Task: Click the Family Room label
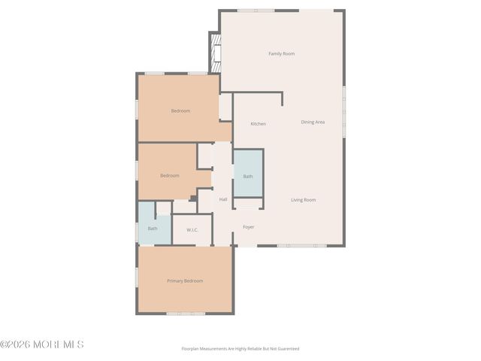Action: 282,53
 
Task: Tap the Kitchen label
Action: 258,124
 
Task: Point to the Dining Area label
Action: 313,122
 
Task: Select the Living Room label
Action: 304,200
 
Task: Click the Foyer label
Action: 248,227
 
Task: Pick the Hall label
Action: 223,200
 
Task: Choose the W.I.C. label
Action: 192,229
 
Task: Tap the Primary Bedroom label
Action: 185,281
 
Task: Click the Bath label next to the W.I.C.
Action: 153,229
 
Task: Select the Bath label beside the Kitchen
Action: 248,177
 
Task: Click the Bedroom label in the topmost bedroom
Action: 180,111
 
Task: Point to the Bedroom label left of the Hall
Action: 170,176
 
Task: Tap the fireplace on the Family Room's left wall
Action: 216,53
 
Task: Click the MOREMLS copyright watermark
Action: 42,344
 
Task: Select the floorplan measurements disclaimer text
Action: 240,349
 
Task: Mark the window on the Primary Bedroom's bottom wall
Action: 186,313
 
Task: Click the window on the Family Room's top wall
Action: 256,10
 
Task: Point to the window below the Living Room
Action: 301,246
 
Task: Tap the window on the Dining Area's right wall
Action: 345,113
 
